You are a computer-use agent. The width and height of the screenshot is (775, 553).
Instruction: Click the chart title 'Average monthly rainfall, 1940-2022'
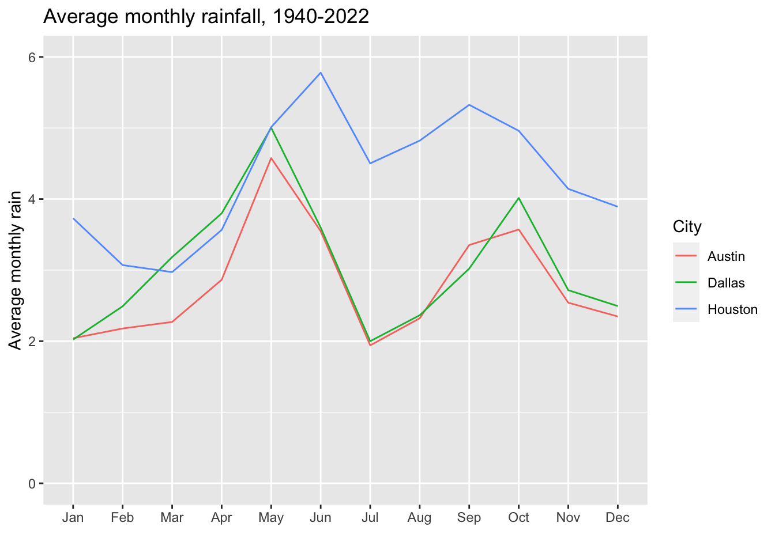[x=206, y=17]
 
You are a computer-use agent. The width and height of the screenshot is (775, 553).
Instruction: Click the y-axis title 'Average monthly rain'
[x=16, y=270]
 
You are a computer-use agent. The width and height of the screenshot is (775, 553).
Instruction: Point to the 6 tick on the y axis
[x=32, y=57]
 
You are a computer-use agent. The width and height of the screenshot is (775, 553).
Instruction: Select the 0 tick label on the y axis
[x=32, y=483]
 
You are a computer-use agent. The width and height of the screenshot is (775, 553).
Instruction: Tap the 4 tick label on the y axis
[x=32, y=199]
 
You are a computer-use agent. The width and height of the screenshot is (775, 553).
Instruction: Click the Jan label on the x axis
[x=73, y=517]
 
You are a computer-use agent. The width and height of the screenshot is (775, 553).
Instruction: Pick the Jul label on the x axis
[x=370, y=517]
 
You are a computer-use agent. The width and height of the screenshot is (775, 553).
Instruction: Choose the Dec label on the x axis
[x=618, y=517]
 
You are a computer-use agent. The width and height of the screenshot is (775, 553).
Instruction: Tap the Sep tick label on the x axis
[x=469, y=517]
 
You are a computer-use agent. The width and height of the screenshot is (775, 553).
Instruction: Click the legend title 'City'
[x=687, y=227]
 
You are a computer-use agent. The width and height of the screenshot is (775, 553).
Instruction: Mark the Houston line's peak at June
[x=321, y=73]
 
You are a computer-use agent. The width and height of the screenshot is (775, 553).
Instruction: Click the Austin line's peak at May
[x=271, y=158]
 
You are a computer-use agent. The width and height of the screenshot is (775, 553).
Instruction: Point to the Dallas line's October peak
[x=519, y=198]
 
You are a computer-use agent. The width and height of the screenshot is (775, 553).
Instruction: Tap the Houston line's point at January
[x=74, y=219]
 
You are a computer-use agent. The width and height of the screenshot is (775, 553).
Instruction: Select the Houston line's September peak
[x=469, y=105]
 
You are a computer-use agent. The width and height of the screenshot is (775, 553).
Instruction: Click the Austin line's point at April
[x=221, y=280]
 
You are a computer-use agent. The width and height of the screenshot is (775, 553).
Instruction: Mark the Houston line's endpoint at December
[x=618, y=206]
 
